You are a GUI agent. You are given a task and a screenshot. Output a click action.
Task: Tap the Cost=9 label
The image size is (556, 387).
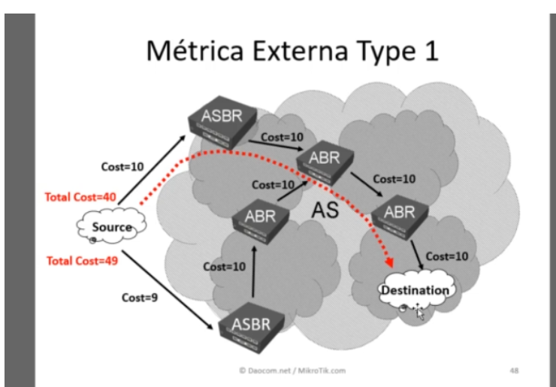[141, 297]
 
